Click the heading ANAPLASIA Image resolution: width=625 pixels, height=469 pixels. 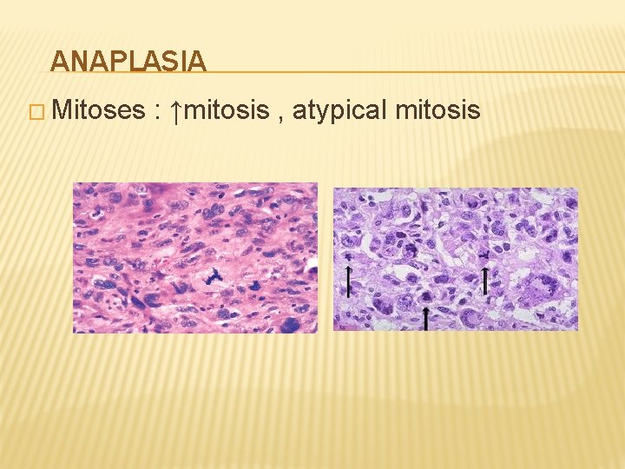[x=128, y=61]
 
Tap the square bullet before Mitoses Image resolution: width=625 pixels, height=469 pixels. [x=37, y=112]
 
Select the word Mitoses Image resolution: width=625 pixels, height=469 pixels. [x=97, y=110]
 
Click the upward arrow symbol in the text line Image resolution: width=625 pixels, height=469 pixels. [x=175, y=111]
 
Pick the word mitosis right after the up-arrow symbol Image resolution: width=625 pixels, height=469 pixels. [x=227, y=110]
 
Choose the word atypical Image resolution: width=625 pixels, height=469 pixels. [x=339, y=111]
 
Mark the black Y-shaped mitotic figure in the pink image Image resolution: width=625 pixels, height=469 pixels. [x=212, y=277]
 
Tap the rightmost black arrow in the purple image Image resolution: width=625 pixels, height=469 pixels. [x=485, y=280]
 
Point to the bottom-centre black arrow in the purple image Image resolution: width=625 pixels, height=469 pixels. [x=426, y=319]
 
